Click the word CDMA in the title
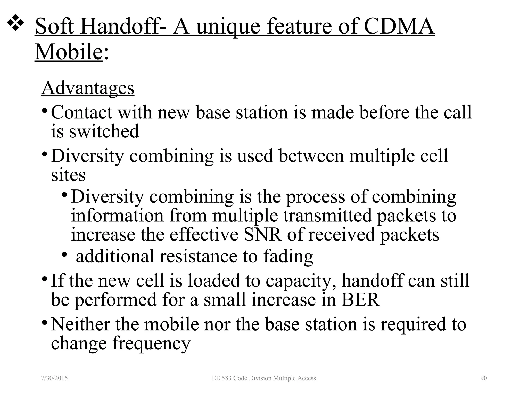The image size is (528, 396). point(399,26)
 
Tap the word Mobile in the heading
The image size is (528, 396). point(69,52)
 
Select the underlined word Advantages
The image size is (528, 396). point(88,88)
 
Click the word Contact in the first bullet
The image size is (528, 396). point(82,112)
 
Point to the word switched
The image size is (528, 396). point(104,131)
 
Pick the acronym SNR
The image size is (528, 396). point(263,234)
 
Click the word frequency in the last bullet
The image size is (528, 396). point(151,343)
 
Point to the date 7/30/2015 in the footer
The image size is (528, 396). point(54,378)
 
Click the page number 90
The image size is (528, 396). point(484,378)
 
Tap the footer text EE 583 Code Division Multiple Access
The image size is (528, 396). point(264,378)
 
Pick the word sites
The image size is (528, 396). point(68,175)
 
